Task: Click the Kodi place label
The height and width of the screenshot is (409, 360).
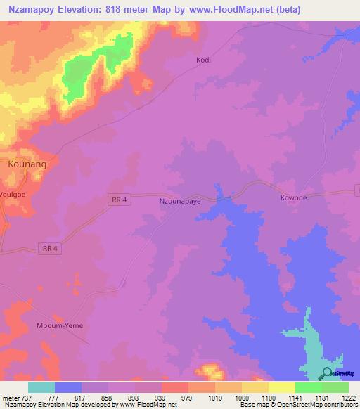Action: [x=203, y=60]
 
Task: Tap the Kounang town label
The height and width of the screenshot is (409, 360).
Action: [x=27, y=164]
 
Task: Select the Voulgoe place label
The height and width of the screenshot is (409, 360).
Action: [x=13, y=192]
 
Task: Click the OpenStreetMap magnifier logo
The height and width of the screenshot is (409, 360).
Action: [x=327, y=372]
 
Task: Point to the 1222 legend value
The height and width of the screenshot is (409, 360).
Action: [x=349, y=398]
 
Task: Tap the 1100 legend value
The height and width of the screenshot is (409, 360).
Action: [x=269, y=398]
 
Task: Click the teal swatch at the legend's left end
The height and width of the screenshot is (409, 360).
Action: [x=41, y=387]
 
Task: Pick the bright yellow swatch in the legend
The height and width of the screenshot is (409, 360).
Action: [x=282, y=387]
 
